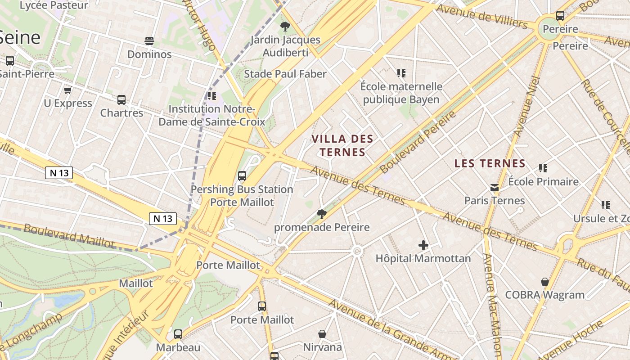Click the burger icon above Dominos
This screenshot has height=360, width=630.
[150, 41]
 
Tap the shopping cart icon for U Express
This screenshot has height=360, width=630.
[68, 90]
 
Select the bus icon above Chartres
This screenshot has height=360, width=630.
[121, 99]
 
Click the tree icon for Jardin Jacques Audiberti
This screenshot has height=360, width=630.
[285, 27]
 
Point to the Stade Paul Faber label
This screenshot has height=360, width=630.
[285, 74]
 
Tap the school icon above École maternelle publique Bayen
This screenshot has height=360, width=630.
[401, 73]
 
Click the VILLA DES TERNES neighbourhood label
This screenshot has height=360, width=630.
[342, 145]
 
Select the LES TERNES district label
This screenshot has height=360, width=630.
[490, 163]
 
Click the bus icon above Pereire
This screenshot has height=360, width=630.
[560, 16]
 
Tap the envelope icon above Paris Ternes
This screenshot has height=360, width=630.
[495, 187]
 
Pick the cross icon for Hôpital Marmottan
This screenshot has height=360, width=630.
[423, 245]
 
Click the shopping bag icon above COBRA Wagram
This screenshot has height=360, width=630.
[544, 282]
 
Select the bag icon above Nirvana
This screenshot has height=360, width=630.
[322, 334]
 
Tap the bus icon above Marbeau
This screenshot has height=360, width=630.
[178, 334]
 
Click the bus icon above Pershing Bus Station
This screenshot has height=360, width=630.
[242, 176]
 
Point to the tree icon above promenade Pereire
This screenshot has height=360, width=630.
[321, 214]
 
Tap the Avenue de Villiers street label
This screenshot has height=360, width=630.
[481, 16]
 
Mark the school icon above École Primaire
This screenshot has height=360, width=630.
[543, 168]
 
